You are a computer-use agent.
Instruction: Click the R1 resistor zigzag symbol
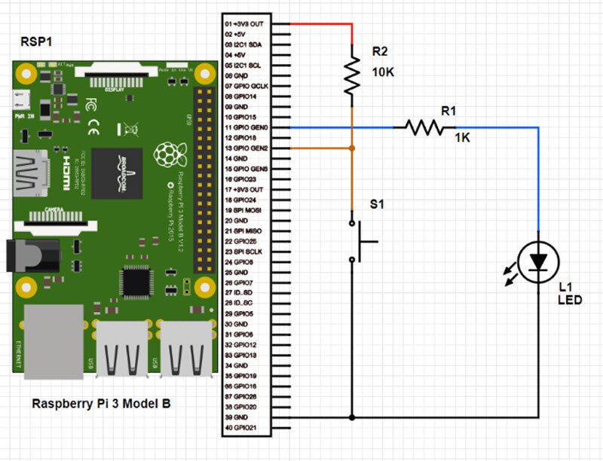point(424,128)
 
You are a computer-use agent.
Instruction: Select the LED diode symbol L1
point(538,261)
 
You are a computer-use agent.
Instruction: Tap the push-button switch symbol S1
point(360,241)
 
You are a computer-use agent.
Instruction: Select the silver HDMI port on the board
point(30,172)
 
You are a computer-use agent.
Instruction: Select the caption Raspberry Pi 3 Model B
point(101,404)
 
